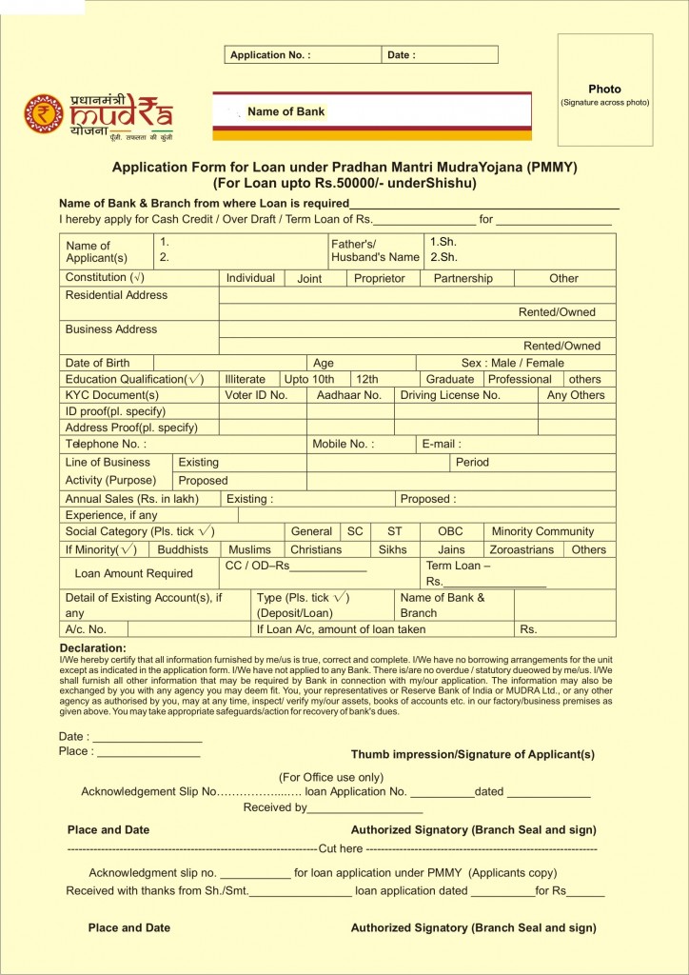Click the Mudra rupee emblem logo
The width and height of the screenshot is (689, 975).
point(44,114)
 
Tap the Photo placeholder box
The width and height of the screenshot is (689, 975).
point(605,89)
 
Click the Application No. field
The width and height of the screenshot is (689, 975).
point(270,55)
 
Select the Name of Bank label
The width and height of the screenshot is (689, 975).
point(285,111)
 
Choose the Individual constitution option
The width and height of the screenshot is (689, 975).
point(250,278)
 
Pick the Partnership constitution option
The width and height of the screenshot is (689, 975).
point(463,278)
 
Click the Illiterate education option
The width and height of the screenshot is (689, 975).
point(246,379)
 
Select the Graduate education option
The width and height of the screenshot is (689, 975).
point(450,379)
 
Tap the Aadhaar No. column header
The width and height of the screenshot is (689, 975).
point(349,395)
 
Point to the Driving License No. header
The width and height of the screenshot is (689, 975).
point(450,395)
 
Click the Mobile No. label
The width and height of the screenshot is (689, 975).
point(343,444)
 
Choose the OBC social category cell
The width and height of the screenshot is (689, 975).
point(450,531)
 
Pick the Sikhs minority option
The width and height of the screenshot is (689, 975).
point(392,549)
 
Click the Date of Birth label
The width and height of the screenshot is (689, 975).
point(97,363)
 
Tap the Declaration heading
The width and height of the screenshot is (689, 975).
point(92,648)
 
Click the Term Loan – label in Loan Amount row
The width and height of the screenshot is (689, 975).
point(459,566)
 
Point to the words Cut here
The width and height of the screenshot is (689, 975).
point(341,848)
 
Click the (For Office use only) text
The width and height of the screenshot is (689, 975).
point(331,777)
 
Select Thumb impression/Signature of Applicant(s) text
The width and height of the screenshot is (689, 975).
point(472,754)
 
